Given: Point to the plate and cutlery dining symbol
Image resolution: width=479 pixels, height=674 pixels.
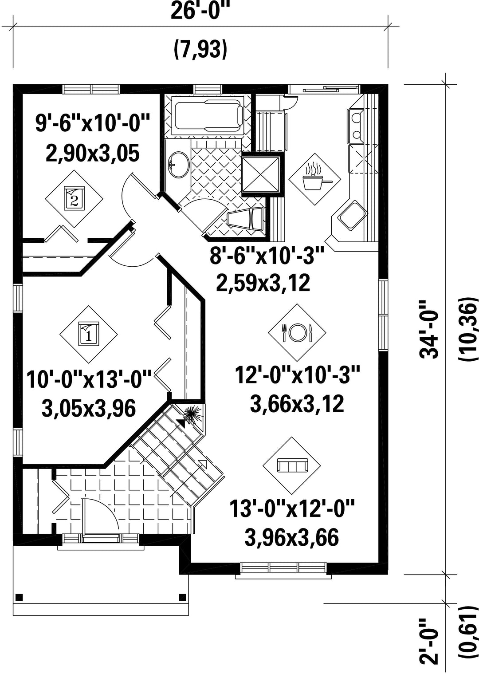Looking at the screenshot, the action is [x=297, y=332].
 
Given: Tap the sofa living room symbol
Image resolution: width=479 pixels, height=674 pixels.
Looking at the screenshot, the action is [x=292, y=466].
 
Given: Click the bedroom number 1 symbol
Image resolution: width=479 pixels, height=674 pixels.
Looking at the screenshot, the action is [x=88, y=334].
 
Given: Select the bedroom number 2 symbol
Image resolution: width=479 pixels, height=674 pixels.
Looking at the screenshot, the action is [x=74, y=199].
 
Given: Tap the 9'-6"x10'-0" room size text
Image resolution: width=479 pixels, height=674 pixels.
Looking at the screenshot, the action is [x=93, y=122].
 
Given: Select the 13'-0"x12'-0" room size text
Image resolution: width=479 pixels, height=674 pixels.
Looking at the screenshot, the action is [x=292, y=508].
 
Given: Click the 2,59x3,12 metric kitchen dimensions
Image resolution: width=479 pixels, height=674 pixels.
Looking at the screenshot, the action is [x=263, y=283].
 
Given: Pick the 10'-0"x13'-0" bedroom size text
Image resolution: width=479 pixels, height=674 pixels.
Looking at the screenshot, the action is [x=89, y=379].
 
